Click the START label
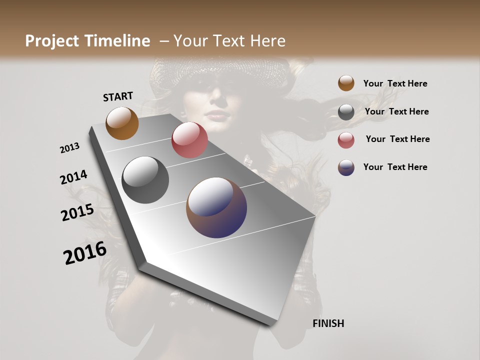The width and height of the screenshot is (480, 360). point(118,96)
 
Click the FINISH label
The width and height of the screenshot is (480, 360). point(328,323)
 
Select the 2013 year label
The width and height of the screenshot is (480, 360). point(70,148)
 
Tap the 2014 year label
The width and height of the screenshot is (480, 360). point(73,177)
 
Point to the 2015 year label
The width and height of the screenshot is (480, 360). point(77,212)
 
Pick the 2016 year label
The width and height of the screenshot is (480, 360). point(85,253)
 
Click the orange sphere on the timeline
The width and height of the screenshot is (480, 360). point(122,123)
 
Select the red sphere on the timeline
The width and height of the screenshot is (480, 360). point(189,140)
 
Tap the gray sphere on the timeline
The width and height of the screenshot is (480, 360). point(145,180)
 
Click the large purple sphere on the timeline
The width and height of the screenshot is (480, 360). point(216,207)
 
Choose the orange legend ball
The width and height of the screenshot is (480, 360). point(346,83)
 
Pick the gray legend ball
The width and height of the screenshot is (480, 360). point(346,112)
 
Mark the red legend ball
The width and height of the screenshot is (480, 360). point(346,140)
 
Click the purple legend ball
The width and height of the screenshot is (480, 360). point(346,167)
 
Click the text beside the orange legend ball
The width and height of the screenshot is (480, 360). point(395,83)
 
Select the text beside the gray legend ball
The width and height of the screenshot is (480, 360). point(396,111)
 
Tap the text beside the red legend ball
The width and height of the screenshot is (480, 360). point(397,139)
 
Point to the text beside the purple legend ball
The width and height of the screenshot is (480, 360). point(395,167)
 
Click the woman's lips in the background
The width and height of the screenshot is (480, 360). point(218,114)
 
